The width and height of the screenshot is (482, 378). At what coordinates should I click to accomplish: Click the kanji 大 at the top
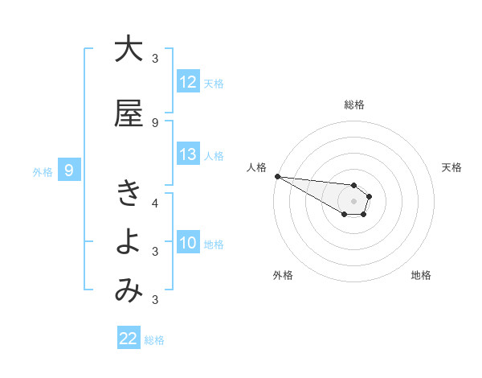tap(129, 49)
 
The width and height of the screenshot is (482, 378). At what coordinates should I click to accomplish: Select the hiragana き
tap(129, 193)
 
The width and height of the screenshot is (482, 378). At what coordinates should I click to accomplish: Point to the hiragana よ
tap(129, 242)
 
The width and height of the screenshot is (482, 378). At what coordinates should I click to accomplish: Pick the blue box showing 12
tap(188, 82)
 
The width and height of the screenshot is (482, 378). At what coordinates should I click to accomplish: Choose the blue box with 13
tap(188, 154)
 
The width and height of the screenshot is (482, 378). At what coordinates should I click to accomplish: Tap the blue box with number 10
tap(188, 243)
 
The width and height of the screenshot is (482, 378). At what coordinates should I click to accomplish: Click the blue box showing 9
tap(70, 171)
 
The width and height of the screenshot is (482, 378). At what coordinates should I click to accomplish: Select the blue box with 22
tap(129, 339)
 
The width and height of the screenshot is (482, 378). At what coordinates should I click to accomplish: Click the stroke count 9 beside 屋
tap(155, 123)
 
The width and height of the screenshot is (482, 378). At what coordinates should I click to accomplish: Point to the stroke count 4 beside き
tap(155, 203)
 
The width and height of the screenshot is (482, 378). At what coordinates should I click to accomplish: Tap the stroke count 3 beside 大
tap(155, 59)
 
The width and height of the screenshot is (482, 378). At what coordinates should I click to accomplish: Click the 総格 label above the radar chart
tap(354, 105)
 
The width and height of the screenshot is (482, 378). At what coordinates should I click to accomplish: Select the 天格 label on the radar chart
tap(452, 167)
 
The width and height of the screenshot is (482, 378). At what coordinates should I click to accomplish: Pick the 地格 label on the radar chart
tap(421, 275)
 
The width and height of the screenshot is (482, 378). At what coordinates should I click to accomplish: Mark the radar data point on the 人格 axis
tap(277, 176)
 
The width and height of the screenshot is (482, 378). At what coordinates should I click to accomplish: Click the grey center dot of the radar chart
tap(354, 201)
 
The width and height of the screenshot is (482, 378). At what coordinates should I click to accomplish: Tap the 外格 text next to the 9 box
tap(42, 171)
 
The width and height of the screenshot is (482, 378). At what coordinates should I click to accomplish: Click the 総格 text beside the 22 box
tap(155, 340)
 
